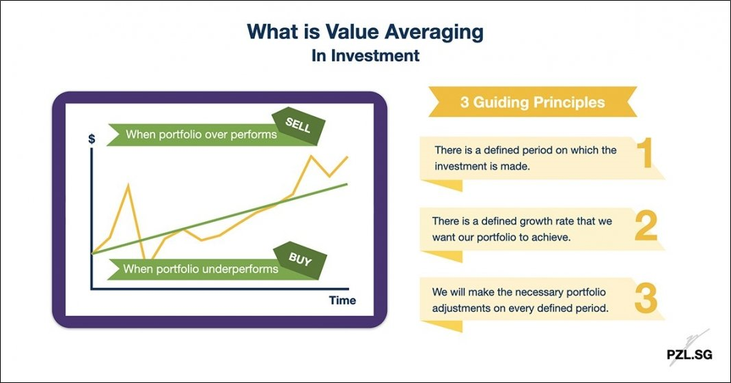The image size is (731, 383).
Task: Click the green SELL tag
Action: (x=299, y=126)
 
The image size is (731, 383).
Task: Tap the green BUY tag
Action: (x=300, y=260)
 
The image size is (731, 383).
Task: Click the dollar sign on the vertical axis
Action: (x=92, y=139)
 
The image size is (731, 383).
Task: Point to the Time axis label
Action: (x=342, y=300)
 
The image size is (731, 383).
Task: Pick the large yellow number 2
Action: (x=646, y=226)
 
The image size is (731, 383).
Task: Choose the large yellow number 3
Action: (x=646, y=298)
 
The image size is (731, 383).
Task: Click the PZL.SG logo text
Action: (x=689, y=354)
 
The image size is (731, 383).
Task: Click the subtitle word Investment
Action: (x=375, y=56)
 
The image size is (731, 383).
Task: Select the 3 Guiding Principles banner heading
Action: (x=532, y=102)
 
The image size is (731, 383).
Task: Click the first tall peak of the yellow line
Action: (x=128, y=186)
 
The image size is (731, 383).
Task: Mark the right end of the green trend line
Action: (x=347, y=184)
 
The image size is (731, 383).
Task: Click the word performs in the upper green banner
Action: (x=253, y=134)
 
